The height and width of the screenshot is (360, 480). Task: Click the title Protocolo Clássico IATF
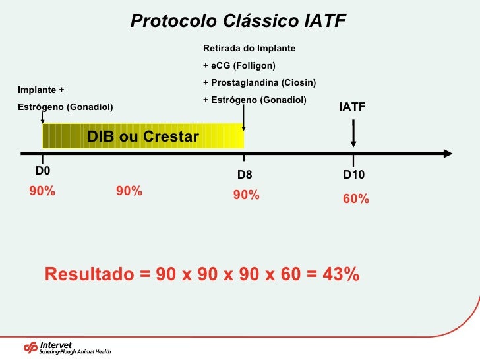(238, 21)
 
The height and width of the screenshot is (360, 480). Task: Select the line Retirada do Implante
(249, 49)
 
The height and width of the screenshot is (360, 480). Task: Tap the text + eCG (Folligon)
(239, 66)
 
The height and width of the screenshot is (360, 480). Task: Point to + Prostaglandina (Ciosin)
(259, 83)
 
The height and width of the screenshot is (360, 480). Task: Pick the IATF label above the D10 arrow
(352, 107)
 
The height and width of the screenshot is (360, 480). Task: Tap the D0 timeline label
(43, 171)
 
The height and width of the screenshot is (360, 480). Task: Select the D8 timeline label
(245, 175)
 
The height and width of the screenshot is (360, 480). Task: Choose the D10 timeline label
(354, 175)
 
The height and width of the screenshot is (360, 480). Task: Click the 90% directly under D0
(42, 191)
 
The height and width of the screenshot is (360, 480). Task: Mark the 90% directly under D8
(247, 196)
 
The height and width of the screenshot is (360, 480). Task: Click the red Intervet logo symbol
(31, 347)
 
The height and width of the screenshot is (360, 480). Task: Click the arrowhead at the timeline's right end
(448, 154)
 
